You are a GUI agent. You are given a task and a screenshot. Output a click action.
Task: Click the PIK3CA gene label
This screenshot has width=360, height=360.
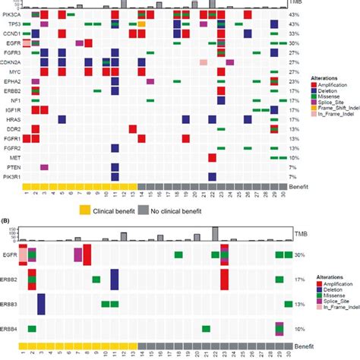coord(11,14)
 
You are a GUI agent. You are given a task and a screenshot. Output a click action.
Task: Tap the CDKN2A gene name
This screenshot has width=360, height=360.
coord(10,62)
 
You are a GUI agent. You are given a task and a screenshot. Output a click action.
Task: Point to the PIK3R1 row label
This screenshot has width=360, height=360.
coord(11,176)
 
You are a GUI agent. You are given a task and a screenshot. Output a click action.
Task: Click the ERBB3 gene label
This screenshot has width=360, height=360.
coord(11,304)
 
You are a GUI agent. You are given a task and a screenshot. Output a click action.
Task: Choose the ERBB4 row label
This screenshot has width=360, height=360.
coord(11,329)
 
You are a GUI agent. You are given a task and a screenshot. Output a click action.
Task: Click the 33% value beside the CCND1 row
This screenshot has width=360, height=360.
coord(293,34)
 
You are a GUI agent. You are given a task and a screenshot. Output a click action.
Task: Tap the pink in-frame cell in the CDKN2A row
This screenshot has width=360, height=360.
coord(204,62)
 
